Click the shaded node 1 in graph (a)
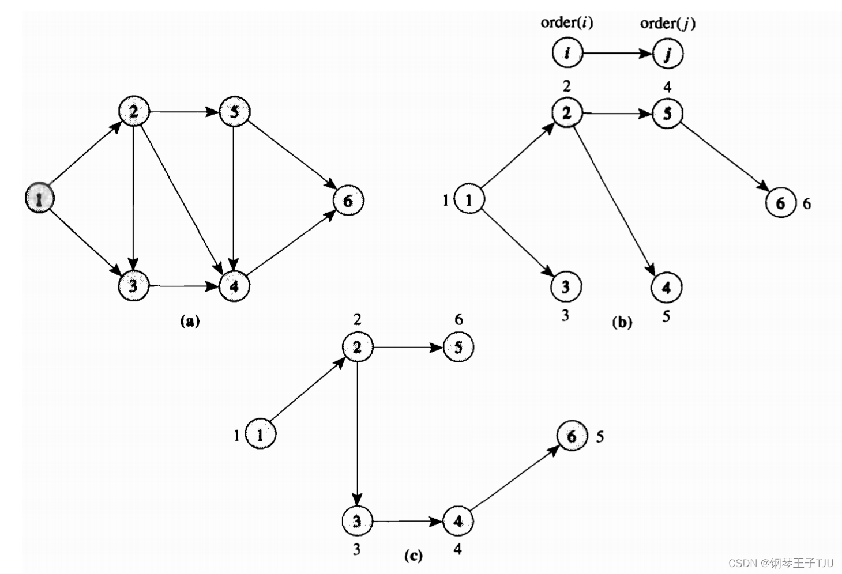pyautogui.click(x=39, y=198)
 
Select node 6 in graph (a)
pyautogui.click(x=348, y=201)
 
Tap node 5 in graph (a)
pyautogui.click(x=234, y=111)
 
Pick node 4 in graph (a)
pyautogui.click(x=234, y=286)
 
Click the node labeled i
pyautogui.click(x=567, y=53)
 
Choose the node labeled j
pyautogui.click(x=668, y=54)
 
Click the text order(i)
pyautogui.click(x=567, y=22)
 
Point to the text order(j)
pyautogui.click(x=667, y=23)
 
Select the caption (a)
pyautogui.click(x=190, y=320)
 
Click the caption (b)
pyautogui.click(x=622, y=322)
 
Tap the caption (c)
pyautogui.click(x=413, y=555)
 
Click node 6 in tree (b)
pyautogui.click(x=780, y=203)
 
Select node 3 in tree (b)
pyautogui.click(x=565, y=286)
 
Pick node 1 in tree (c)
pyautogui.click(x=260, y=435)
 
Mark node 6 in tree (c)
pyautogui.click(x=572, y=436)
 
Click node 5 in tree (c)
pyautogui.click(x=458, y=348)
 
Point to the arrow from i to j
pyautogui.click(x=617, y=54)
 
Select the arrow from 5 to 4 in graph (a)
pyautogui.click(x=234, y=199)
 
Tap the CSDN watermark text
pyautogui.click(x=781, y=562)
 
